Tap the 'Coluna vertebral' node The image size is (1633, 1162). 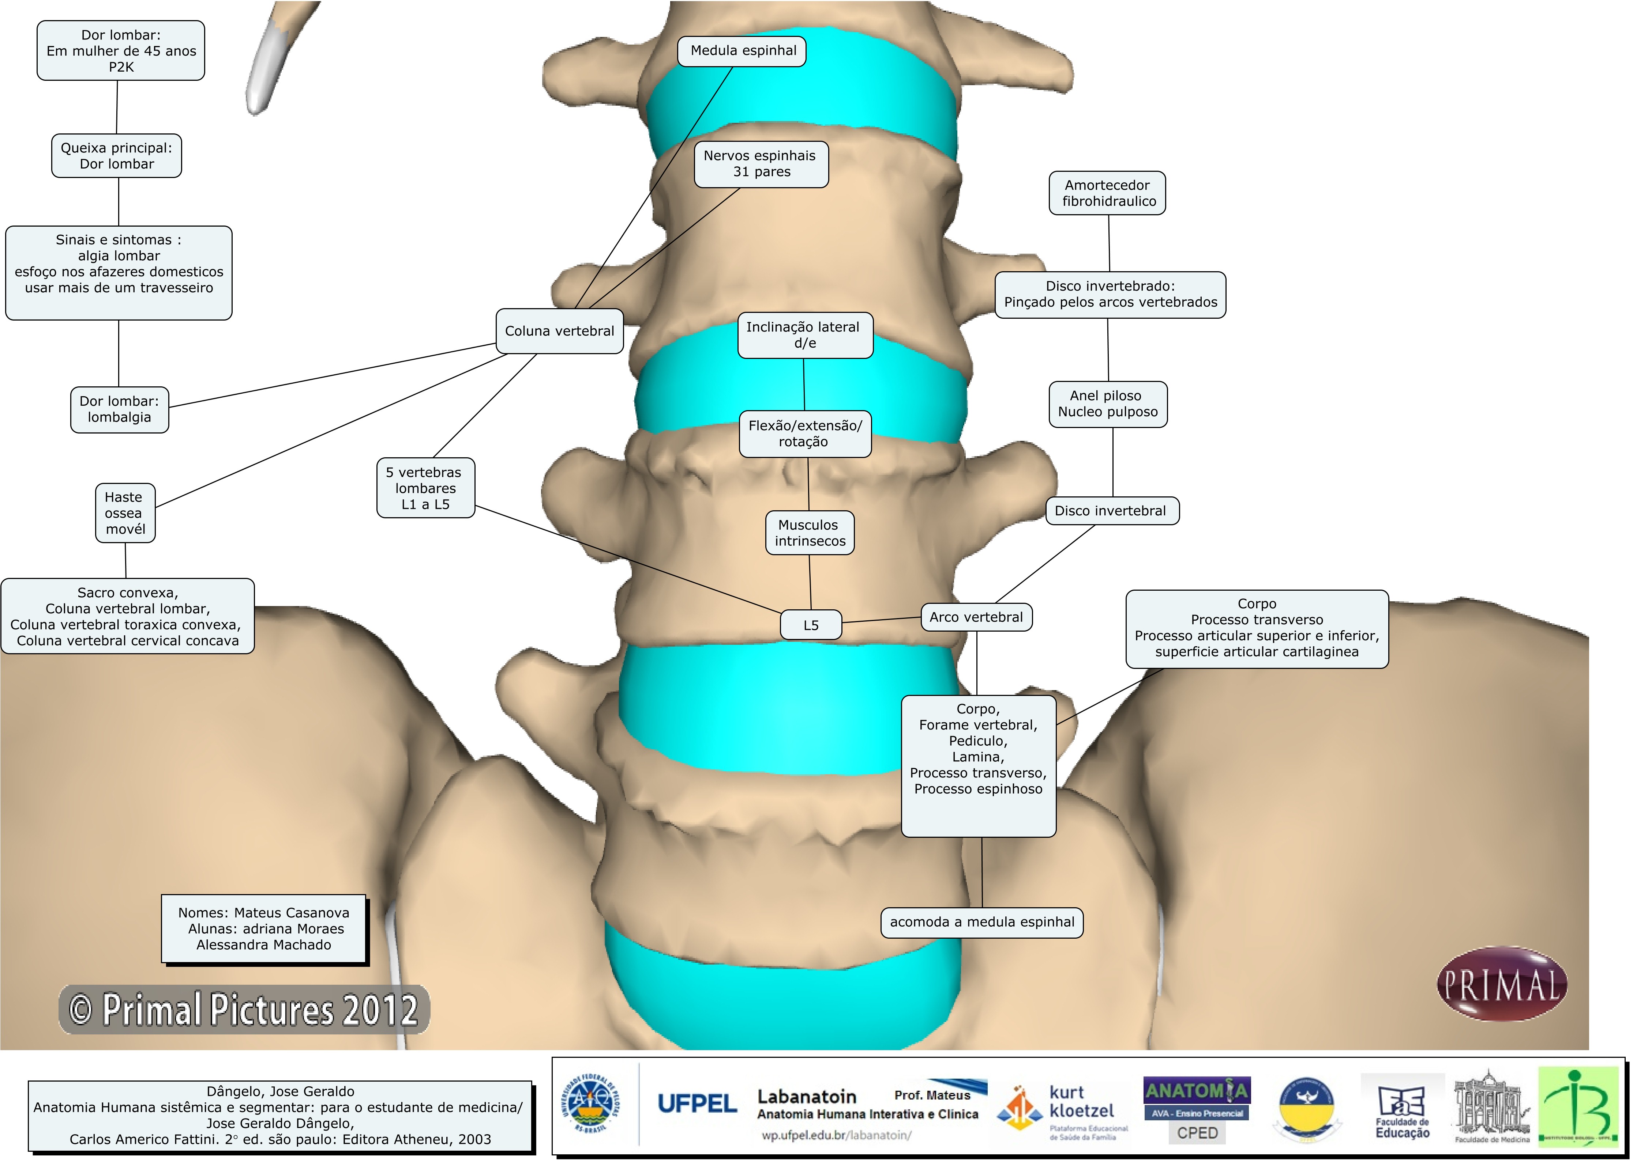[559, 330]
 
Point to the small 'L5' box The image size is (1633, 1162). [810, 625]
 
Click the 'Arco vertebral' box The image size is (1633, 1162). [976, 617]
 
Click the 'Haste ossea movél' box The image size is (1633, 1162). [125, 513]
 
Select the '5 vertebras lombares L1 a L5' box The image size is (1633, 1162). [425, 488]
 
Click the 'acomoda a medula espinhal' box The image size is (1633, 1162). [981, 921]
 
